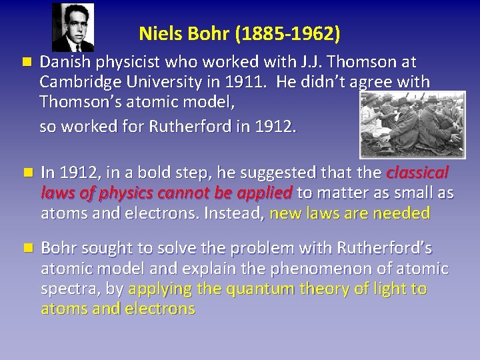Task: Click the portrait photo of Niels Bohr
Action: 73,27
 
